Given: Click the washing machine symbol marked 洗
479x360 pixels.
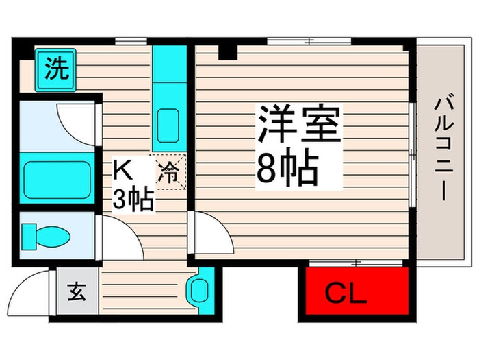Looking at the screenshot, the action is (x=55, y=70).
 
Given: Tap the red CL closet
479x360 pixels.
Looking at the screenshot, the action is (x=357, y=291).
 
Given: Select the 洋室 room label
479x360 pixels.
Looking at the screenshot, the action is (x=299, y=124).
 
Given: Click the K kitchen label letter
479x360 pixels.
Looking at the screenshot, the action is (x=122, y=171).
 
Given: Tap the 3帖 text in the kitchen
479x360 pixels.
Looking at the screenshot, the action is (x=133, y=200).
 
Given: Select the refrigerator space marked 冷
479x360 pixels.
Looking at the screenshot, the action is (x=168, y=172).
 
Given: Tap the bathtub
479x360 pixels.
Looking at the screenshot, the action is (x=57, y=178).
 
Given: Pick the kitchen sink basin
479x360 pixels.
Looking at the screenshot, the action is (x=168, y=125).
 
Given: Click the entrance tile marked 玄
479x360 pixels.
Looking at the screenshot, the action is (x=77, y=291).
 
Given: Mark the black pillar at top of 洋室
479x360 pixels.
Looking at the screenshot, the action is (x=228, y=52).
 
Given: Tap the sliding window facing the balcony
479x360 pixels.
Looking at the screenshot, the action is (x=413, y=155).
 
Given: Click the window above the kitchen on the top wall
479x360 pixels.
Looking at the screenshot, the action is (x=131, y=41).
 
